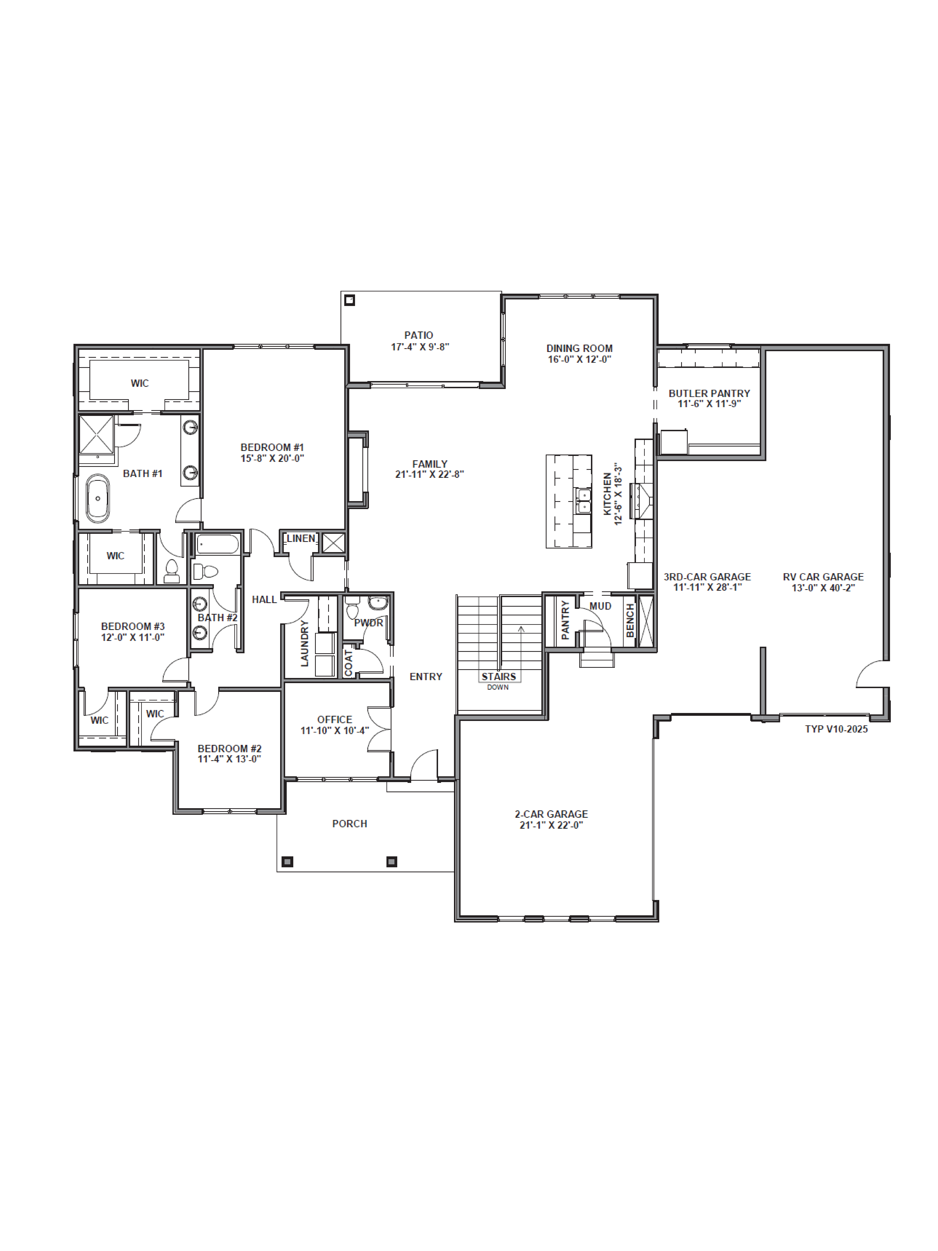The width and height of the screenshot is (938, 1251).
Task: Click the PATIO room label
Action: pos(418,335)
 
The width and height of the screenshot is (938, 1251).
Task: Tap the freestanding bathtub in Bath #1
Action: pos(98,498)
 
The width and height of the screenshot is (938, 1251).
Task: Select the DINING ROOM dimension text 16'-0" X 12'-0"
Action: pos(579,359)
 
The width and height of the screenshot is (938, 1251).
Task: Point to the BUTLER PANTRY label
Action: pos(709,393)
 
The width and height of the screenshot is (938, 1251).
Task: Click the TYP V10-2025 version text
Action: pos(836,729)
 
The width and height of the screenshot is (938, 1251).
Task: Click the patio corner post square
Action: pos(349,300)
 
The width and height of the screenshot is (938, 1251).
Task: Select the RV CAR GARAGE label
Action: pos(823,577)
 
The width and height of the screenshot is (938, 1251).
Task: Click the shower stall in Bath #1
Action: pos(96,434)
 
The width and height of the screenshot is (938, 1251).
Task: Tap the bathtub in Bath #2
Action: pos(218,544)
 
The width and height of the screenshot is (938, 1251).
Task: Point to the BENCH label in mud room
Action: pos(630,620)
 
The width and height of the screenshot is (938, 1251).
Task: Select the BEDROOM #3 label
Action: pos(132,626)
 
